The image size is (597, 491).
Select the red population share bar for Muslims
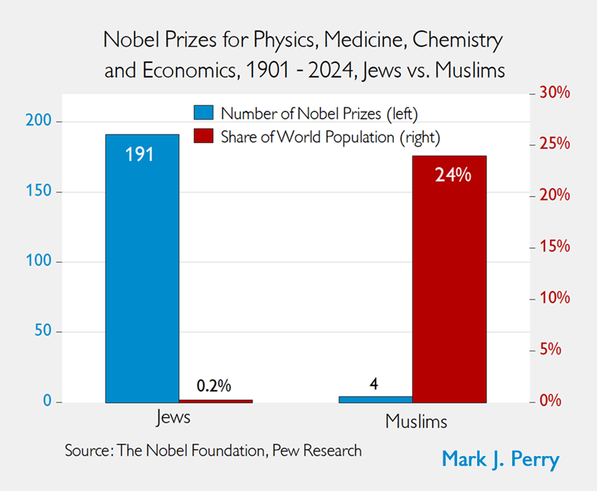(x=449, y=278)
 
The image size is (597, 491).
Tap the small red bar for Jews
(x=215, y=400)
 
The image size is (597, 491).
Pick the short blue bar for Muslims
(x=376, y=398)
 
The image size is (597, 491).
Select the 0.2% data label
(x=214, y=385)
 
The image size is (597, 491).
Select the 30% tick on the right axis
(x=554, y=93)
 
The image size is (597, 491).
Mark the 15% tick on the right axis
(x=554, y=247)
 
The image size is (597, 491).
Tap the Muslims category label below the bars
(x=416, y=420)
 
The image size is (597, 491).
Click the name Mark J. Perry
(x=500, y=460)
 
